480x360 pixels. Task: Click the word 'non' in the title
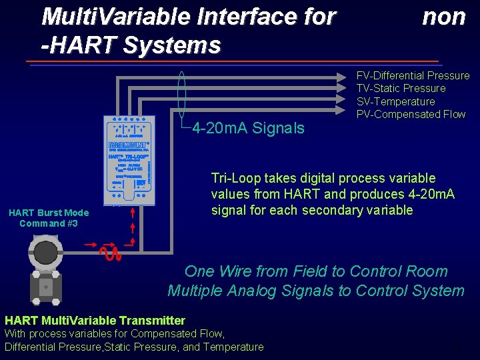[x=443, y=17]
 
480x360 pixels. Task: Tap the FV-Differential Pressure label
[x=413, y=75]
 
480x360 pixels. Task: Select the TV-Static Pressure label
[x=401, y=88]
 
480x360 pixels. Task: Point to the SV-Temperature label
[x=395, y=101]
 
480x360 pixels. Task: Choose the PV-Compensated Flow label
[x=411, y=114]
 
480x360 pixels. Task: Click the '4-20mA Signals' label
[x=248, y=128]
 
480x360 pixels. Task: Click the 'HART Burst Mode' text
[x=48, y=213]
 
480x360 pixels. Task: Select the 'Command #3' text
[x=48, y=223]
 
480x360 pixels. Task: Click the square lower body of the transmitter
[x=45, y=287]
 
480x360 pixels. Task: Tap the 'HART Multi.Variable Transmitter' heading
[x=95, y=321]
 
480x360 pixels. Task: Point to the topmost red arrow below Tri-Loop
[x=134, y=213]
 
